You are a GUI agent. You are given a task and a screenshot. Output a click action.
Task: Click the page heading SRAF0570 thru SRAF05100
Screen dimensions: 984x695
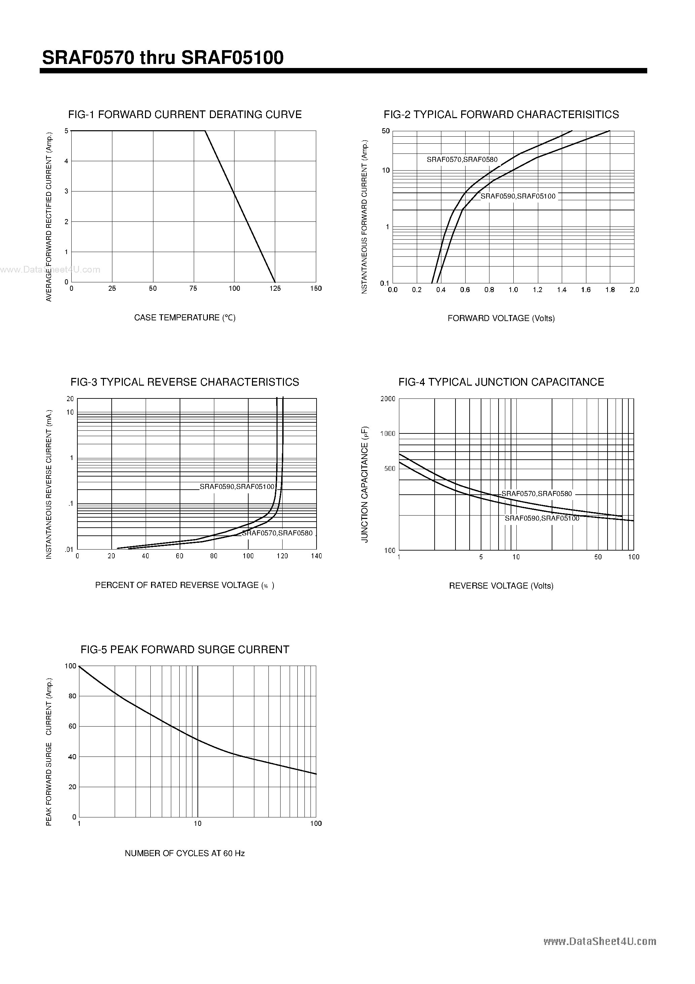pyautogui.click(x=163, y=58)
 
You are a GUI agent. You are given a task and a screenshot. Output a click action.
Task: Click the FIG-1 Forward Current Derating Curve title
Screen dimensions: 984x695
pyautogui.click(x=185, y=114)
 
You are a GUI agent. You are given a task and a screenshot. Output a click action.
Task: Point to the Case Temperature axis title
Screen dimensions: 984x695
pyautogui.click(x=185, y=318)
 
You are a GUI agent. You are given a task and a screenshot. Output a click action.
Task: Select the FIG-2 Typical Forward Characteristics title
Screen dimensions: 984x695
pyautogui.click(x=501, y=114)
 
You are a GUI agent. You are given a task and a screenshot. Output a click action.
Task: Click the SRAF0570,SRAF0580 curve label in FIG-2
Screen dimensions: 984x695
pyautogui.click(x=462, y=160)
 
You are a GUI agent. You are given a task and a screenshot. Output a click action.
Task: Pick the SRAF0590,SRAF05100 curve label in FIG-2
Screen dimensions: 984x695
pyautogui.click(x=518, y=196)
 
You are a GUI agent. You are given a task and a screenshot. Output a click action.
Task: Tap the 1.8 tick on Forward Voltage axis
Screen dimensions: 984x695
pyautogui.click(x=610, y=290)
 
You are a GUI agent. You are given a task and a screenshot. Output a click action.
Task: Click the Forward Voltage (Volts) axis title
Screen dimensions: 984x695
pyautogui.click(x=501, y=318)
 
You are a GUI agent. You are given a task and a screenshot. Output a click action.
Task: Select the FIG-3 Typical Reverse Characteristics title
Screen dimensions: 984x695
pyautogui.click(x=185, y=382)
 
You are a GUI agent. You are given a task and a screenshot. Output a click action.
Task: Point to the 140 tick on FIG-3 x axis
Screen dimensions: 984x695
pyautogui.click(x=316, y=556)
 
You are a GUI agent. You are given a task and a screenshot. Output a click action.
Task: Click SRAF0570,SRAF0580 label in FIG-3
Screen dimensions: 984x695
pyautogui.click(x=277, y=533)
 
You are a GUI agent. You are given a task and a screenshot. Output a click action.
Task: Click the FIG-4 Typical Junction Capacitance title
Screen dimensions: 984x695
pyautogui.click(x=501, y=382)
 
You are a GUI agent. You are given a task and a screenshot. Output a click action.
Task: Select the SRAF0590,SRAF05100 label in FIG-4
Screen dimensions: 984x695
pyautogui.click(x=542, y=519)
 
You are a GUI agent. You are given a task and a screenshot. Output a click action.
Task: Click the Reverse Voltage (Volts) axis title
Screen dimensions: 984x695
pyautogui.click(x=501, y=586)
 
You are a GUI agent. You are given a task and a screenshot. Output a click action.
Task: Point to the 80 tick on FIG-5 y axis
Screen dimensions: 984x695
pyautogui.click(x=72, y=696)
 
